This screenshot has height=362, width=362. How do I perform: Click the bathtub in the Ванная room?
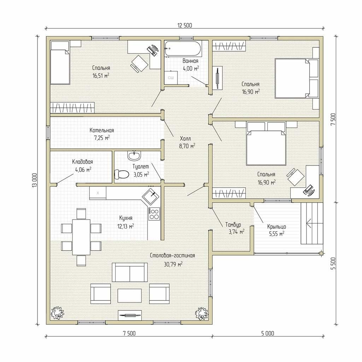tap(183, 48)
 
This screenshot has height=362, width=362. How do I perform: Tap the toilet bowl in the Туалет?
tap(122, 174)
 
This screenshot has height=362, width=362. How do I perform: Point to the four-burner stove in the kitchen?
tap(154, 214)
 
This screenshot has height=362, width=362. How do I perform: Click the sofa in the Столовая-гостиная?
tap(129, 272)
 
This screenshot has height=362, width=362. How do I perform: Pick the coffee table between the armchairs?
tap(129, 295)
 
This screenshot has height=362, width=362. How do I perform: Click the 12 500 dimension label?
tap(185, 25)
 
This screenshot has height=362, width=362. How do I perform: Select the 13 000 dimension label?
tap(35, 180)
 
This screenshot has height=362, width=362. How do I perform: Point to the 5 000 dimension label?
tap(268, 333)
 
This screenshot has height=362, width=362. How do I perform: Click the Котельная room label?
tap(101, 130)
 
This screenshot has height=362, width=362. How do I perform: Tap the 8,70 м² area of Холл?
tap(187, 146)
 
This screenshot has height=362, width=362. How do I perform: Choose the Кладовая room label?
tap(82, 162)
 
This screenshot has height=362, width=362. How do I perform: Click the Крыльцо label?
tap(276, 227)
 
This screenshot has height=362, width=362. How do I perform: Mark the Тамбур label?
tap(233, 224)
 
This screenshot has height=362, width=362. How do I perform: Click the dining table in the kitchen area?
tap(81, 237)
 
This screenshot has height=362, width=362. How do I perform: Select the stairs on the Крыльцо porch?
tap(312, 223)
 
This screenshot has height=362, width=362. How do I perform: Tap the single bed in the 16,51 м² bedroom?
tap(60, 63)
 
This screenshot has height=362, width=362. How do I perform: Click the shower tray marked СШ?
tap(171, 77)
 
